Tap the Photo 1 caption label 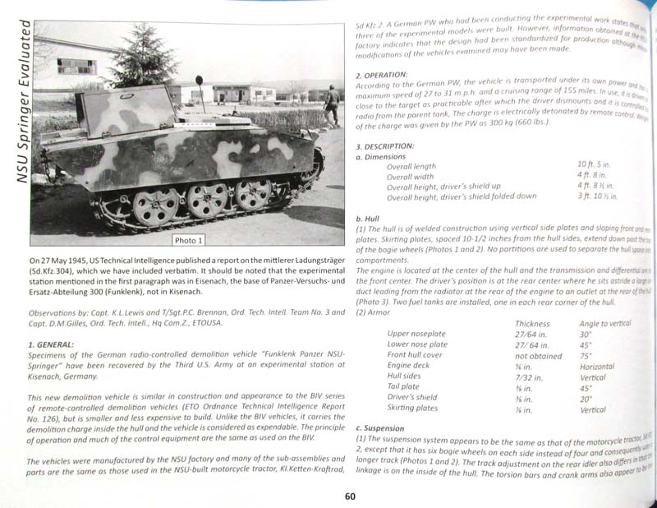click(x=190, y=240)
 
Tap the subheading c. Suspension click(x=382, y=428)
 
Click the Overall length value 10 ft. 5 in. click(x=595, y=166)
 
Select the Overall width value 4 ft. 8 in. click(x=593, y=176)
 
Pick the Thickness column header click(x=532, y=324)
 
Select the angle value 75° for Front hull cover click(x=586, y=356)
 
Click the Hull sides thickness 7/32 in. click(x=529, y=377)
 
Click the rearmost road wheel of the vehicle click(x=155, y=207)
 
